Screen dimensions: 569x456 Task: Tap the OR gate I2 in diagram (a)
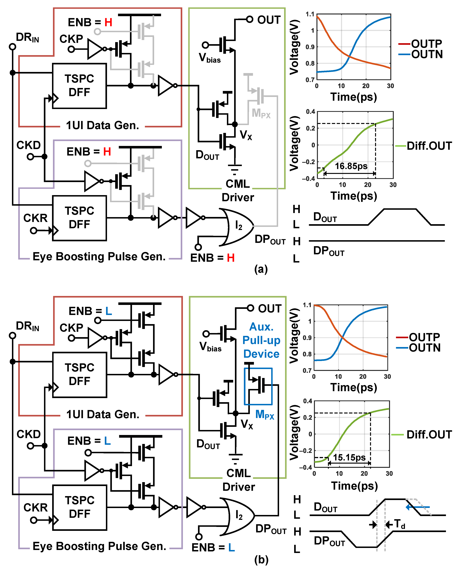click(x=238, y=226)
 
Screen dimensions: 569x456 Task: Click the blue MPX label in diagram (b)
click(x=265, y=415)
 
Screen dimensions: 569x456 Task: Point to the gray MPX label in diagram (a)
click(x=261, y=113)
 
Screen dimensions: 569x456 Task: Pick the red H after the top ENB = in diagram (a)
click(x=108, y=22)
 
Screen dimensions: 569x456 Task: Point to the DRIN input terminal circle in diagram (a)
click(x=12, y=47)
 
